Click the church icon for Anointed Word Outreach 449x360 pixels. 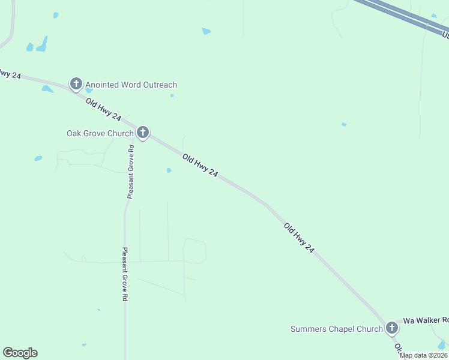click(x=76, y=84)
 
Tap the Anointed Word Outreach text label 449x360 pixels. click(x=131, y=85)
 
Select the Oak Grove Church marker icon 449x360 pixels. click(x=142, y=132)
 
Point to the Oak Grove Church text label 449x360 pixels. click(x=100, y=133)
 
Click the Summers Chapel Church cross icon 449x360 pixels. click(x=391, y=328)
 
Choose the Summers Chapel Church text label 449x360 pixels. click(x=336, y=329)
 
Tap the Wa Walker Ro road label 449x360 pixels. click(x=425, y=320)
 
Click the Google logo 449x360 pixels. click(x=20, y=353)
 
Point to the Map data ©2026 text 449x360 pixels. click(x=424, y=355)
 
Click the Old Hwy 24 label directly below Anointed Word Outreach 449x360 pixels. click(x=104, y=110)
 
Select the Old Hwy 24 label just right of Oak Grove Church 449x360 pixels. click(x=200, y=164)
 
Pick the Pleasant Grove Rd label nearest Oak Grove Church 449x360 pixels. click(x=130, y=171)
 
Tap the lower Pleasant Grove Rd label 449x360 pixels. click(x=125, y=274)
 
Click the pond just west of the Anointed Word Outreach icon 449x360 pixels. click(x=47, y=89)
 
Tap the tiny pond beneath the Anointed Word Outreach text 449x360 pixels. click(x=172, y=95)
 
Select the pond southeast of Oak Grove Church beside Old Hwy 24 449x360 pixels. click(x=169, y=170)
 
